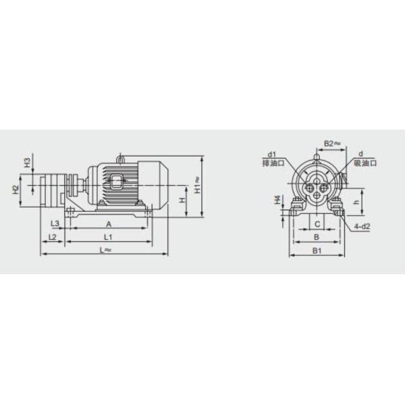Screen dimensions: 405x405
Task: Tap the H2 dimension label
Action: click(x=16, y=190)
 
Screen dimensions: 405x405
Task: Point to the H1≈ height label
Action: click(x=197, y=183)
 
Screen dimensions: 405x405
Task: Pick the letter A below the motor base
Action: click(x=108, y=223)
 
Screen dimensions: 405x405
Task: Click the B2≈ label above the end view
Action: click(x=330, y=143)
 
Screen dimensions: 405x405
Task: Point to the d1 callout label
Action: click(x=272, y=155)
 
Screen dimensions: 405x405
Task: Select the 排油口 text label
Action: click(x=272, y=163)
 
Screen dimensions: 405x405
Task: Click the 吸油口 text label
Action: click(x=365, y=163)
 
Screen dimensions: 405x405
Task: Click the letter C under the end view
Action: click(x=315, y=223)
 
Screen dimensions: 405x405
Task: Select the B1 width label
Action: click(x=315, y=250)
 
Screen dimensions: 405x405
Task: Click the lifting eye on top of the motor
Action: click(x=120, y=159)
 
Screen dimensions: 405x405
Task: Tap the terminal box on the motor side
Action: click(x=115, y=182)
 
